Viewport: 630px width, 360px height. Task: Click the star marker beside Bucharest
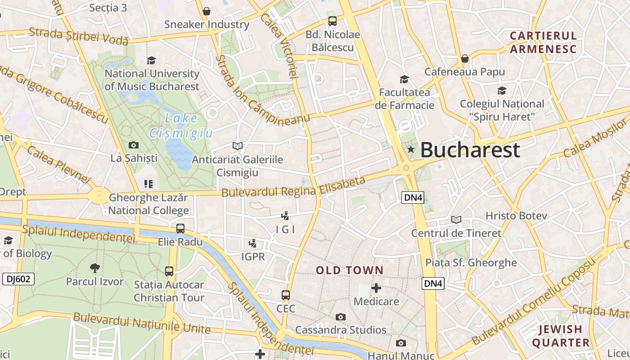(410, 149)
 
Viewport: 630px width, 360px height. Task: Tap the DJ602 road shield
(18, 279)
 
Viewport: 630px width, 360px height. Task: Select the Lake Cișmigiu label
(181, 126)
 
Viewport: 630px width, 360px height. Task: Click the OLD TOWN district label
(350, 270)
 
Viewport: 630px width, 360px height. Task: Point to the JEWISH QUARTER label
(561, 336)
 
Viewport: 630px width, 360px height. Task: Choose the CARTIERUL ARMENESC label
(543, 42)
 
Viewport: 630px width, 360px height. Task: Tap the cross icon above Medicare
(376, 288)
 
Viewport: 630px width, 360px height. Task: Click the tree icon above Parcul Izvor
(94, 268)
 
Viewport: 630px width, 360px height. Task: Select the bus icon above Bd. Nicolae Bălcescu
(333, 21)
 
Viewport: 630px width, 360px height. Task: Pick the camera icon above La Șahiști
(134, 145)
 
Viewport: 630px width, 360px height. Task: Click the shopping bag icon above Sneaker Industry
(207, 11)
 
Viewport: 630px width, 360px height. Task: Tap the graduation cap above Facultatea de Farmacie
(404, 80)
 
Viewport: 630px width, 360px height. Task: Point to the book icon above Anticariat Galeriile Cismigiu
(238, 146)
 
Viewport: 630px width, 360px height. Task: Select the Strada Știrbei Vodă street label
(79, 36)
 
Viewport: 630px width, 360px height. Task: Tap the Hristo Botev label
(516, 216)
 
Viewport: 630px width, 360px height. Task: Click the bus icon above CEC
(286, 295)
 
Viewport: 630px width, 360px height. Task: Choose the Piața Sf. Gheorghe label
(471, 263)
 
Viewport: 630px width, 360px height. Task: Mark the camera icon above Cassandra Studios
(341, 317)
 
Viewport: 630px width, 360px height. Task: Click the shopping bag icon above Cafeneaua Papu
(465, 58)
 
